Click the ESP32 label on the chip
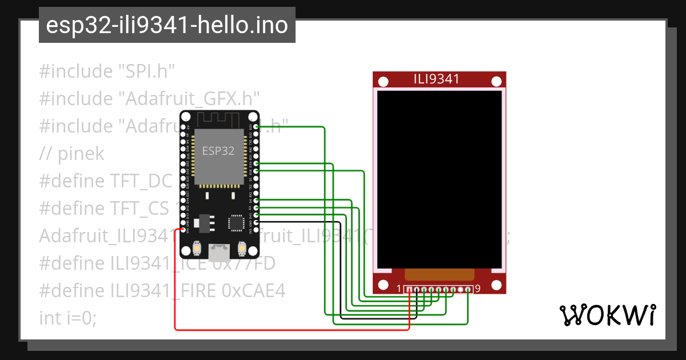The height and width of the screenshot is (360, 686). [x=218, y=151]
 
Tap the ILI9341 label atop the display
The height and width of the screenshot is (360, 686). [x=437, y=79]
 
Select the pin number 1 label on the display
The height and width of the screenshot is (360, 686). [x=399, y=289]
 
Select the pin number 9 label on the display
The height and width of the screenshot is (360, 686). [x=477, y=289]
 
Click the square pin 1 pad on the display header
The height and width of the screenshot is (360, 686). [x=409, y=290]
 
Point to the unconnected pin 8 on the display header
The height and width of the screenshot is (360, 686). [x=461, y=290]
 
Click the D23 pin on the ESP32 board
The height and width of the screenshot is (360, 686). [x=256, y=126]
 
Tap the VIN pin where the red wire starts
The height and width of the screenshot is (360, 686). [x=183, y=229]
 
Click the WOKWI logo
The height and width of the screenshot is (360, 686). [x=607, y=315]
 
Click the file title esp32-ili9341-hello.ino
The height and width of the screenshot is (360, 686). [x=167, y=25]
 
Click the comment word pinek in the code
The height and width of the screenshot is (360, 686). [x=80, y=154]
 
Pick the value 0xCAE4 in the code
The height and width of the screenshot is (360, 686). [x=251, y=291]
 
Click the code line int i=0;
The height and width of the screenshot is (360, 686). [x=68, y=318]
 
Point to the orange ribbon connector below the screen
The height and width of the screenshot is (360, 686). [x=439, y=275]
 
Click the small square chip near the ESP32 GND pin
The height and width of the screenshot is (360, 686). [x=236, y=222]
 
